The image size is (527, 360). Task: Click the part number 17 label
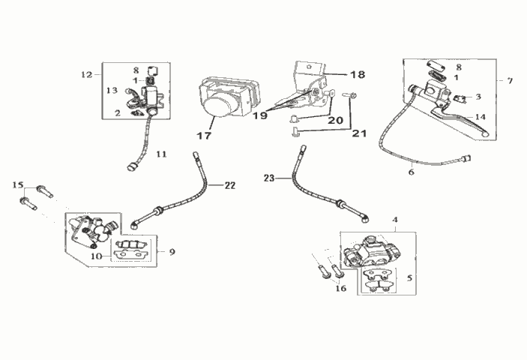(204, 136)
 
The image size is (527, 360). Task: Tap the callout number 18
(358, 74)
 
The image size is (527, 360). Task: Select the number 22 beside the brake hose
(230, 185)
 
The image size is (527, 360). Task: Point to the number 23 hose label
(269, 178)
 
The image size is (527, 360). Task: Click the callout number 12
(87, 74)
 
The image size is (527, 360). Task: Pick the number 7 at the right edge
(510, 81)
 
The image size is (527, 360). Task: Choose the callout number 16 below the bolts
(341, 289)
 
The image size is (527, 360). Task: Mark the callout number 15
(18, 184)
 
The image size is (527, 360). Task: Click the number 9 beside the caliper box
(172, 252)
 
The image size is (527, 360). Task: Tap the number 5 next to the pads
(409, 278)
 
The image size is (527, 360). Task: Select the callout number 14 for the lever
(481, 117)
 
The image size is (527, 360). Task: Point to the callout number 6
(412, 172)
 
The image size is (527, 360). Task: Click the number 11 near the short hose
(161, 154)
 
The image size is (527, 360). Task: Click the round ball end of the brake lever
(485, 134)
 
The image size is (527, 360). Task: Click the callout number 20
(335, 120)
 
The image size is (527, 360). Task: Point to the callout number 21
(359, 133)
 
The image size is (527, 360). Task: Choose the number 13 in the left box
(112, 90)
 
